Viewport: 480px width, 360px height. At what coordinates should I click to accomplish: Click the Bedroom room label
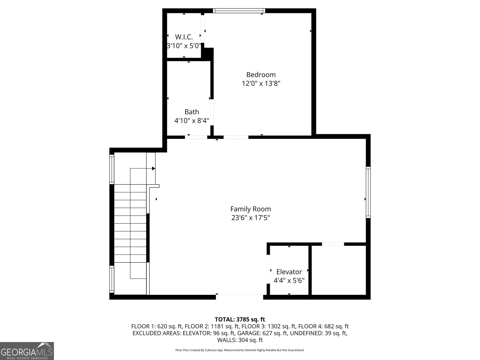(x=261, y=75)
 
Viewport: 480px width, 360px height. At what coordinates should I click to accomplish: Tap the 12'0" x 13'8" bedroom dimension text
(x=261, y=83)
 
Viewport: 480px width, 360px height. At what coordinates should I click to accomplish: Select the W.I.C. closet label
(x=184, y=37)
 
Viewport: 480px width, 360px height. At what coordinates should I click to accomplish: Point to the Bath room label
(x=192, y=112)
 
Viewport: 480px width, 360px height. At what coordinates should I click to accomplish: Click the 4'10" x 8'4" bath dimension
(x=192, y=121)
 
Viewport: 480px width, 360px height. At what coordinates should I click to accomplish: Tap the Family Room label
(x=250, y=209)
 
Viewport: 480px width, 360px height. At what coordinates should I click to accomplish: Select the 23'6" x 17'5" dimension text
(x=250, y=218)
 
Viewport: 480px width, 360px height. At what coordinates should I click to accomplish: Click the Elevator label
(x=289, y=272)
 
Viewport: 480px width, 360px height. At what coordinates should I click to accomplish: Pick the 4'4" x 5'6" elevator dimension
(x=289, y=280)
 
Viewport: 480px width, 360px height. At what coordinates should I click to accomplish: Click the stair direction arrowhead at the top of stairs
(x=154, y=169)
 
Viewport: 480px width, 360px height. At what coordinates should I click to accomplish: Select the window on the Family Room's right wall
(x=368, y=192)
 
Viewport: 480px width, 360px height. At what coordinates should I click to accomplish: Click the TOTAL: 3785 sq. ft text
(x=240, y=319)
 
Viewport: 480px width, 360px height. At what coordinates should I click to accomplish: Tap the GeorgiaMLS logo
(x=27, y=351)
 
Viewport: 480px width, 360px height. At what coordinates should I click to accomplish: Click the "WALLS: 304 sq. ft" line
(x=240, y=340)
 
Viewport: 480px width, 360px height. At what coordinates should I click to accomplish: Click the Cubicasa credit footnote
(x=240, y=350)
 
